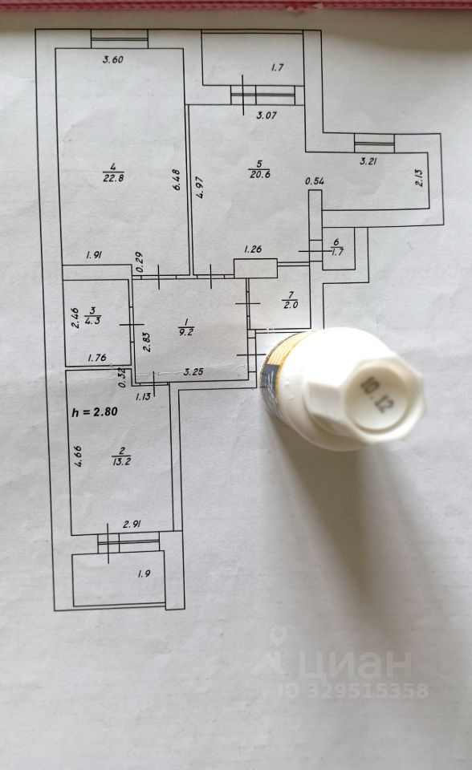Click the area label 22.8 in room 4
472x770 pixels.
[113, 178]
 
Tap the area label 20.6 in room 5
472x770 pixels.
[259, 174]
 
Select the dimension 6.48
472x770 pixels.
[177, 180]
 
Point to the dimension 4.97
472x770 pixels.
[200, 187]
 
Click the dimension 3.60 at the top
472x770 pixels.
[112, 60]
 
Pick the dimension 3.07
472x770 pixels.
[267, 115]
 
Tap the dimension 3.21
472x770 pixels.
[368, 161]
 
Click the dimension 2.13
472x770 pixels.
[419, 176]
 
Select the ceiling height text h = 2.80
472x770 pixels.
[95, 411]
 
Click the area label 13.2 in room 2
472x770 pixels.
[121, 461]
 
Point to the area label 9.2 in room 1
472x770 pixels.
[186, 332]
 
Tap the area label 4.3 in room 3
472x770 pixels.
[93, 321]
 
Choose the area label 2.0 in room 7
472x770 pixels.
[291, 305]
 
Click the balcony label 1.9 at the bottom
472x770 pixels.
[144, 573]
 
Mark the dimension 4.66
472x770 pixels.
[78, 456]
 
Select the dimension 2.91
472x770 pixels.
[132, 525]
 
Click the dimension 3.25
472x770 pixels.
[193, 371]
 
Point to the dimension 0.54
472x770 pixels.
[315, 181]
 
